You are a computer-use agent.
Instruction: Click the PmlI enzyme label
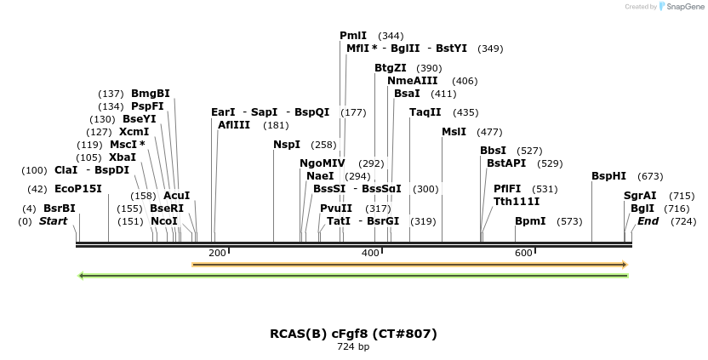[x=353, y=36]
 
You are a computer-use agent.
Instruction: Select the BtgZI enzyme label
[x=391, y=68]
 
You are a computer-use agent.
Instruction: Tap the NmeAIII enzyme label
[x=413, y=81]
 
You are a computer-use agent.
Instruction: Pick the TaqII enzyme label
[x=425, y=112]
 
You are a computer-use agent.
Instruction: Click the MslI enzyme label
[x=454, y=131]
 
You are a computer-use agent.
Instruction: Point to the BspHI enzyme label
[x=608, y=176]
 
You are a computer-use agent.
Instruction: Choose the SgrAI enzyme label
[x=640, y=196]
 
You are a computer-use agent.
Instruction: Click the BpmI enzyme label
[x=529, y=221]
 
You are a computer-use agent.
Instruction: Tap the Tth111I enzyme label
[x=517, y=202]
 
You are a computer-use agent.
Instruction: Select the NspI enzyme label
[x=287, y=145]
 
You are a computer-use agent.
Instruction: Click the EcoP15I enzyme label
[x=78, y=189]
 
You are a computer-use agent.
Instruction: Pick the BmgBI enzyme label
[x=151, y=94]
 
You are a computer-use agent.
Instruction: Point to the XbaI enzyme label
[x=123, y=157]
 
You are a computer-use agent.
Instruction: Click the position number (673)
[x=650, y=176]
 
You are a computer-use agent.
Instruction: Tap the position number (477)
[x=489, y=132]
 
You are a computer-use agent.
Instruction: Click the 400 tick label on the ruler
[x=370, y=253]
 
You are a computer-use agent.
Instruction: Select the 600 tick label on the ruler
[x=523, y=253]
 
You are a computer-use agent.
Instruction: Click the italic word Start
[x=54, y=221]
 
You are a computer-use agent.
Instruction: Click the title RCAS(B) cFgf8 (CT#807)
[x=353, y=333]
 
